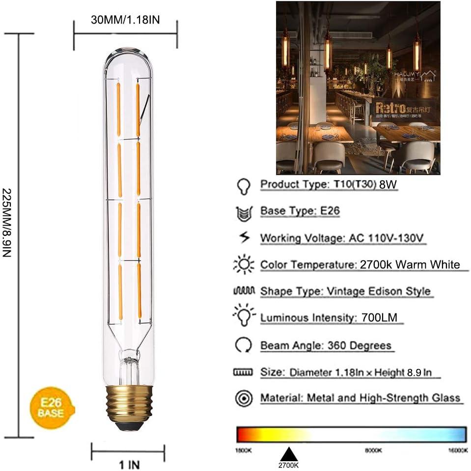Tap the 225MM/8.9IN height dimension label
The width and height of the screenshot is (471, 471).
7,236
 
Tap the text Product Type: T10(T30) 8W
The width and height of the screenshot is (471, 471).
329,185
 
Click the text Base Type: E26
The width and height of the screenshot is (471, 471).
300,211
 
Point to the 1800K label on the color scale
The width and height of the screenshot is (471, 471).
244,450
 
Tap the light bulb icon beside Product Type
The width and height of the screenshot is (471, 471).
243,185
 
